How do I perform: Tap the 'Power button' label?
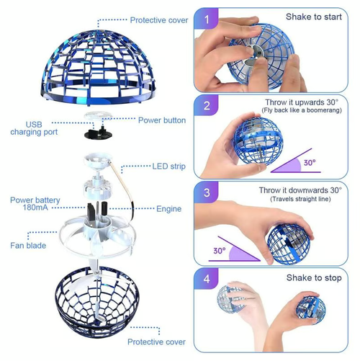click(x=162, y=120)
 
